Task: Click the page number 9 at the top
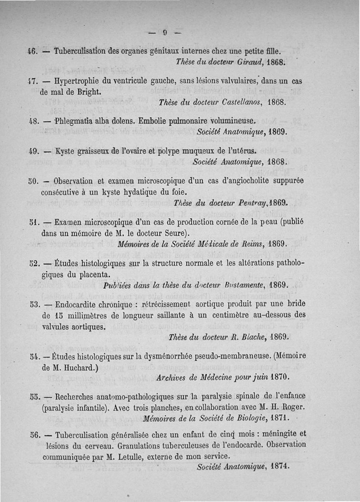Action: pyautogui.click(x=165, y=32)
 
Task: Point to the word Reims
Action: pyautogui.click(x=252, y=244)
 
